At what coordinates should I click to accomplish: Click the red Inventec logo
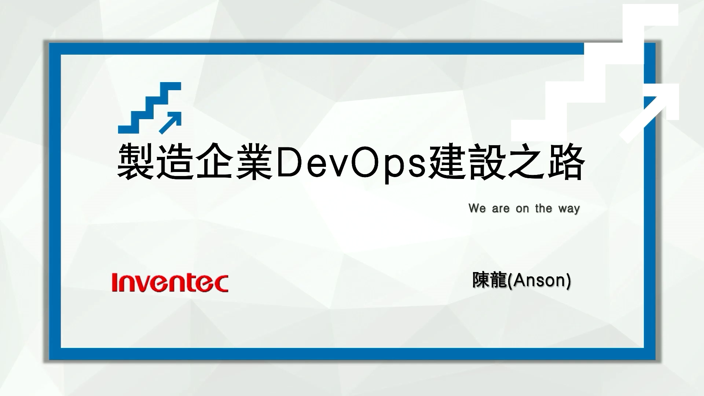170,283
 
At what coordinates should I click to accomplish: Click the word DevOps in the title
351,162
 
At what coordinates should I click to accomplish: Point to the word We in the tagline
477,208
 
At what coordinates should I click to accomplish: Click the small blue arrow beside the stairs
170,122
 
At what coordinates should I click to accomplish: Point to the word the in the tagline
543,208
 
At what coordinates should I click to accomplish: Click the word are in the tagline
501,209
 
